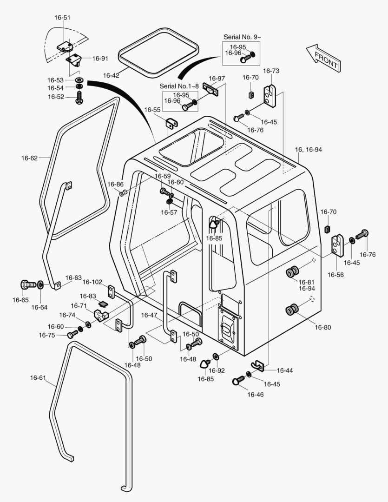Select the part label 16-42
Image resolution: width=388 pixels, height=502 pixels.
pos(111,75)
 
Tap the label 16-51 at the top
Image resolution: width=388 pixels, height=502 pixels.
pos(62,18)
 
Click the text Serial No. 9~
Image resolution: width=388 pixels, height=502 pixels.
pos(241,37)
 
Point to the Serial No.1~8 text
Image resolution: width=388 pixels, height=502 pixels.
pos(179,86)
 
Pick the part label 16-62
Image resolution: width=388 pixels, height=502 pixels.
pos(29,158)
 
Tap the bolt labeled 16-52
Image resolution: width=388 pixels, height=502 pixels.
pos(79,98)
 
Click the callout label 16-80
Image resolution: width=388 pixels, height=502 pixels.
pos(322,327)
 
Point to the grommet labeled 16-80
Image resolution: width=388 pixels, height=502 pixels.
pos(293,309)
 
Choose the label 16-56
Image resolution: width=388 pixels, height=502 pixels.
pos(335,275)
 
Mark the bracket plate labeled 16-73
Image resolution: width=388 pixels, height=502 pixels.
pos(270,94)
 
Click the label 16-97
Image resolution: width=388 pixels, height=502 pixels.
pos(217,78)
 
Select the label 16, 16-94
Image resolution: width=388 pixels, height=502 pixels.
pos(308,150)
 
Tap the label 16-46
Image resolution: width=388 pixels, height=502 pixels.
pos(255,395)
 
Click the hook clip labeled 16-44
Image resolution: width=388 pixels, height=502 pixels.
pos(258,366)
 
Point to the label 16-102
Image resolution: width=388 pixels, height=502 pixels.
pos(92,282)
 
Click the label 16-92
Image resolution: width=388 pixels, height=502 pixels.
pos(217,370)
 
